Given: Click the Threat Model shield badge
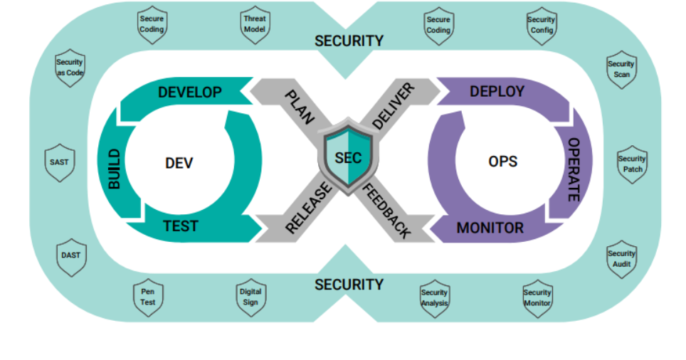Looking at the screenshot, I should (254, 24).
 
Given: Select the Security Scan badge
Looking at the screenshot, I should (621, 69).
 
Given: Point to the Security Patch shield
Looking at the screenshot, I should (632, 164).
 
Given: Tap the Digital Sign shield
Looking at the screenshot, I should (250, 296).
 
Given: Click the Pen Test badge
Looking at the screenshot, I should (148, 296).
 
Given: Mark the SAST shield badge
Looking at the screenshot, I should (59, 162).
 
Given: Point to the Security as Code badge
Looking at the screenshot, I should (70, 68).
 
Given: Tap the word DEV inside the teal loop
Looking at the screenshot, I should (179, 163).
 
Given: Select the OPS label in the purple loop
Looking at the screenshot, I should (502, 161).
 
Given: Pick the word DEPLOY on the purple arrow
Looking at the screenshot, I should (497, 92).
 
